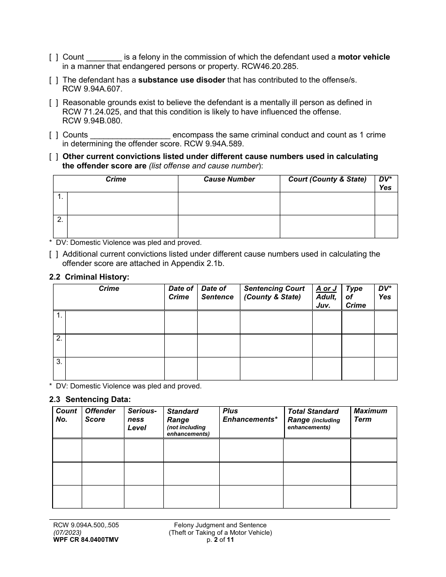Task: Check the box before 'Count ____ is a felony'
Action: tap(54, 57)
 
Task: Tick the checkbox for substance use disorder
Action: tap(54, 80)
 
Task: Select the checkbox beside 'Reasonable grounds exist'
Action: tap(54, 103)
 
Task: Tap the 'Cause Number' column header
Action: tap(229, 179)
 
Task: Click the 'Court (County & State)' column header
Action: tap(327, 179)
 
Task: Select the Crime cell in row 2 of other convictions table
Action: tap(123, 227)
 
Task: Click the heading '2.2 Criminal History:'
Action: tap(89, 277)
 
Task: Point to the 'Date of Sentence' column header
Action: tap(217, 293)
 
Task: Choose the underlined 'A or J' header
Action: tap(326, 288)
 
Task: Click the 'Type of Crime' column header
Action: tap(355, 297)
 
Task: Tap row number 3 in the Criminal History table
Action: tap(59, 362)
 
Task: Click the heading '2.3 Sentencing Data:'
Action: tap(90, 400)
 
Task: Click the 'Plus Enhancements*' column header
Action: tap(250, 415)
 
